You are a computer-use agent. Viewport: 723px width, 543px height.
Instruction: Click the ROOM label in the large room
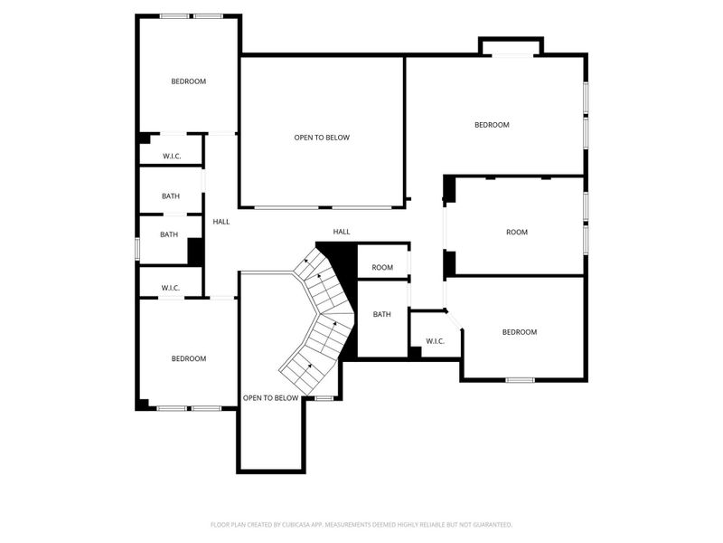pos(516,233)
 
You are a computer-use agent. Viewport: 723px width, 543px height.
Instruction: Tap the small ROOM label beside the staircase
pos(382,268)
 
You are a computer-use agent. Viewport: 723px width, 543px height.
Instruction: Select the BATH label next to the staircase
pos(382,315)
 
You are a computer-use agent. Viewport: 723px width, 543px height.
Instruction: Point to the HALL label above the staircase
pos(342,233)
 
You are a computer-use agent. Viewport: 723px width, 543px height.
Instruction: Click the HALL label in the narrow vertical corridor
pos(221,222)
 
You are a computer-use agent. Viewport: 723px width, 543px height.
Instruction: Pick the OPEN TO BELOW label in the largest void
pos(321,138)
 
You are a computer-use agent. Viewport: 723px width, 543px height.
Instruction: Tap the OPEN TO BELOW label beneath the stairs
pos(270,398)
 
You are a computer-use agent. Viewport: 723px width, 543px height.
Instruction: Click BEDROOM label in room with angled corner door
pos(519,332)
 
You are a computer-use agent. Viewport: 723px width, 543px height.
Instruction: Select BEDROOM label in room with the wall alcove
pos(492,125)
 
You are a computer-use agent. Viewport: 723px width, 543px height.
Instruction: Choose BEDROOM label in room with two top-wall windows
pos(188,81)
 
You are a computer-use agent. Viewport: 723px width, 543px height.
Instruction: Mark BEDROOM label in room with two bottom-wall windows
pos(188,359)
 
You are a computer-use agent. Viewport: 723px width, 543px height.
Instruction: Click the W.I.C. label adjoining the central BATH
pos(435,341)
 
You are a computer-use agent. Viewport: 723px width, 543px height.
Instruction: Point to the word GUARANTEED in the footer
pos(488,524)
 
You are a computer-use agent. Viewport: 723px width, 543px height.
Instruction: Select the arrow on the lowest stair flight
pos(308,367)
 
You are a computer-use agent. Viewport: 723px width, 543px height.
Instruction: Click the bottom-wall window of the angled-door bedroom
pos(520,380)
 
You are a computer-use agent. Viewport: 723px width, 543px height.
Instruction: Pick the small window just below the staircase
pos(324,398)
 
